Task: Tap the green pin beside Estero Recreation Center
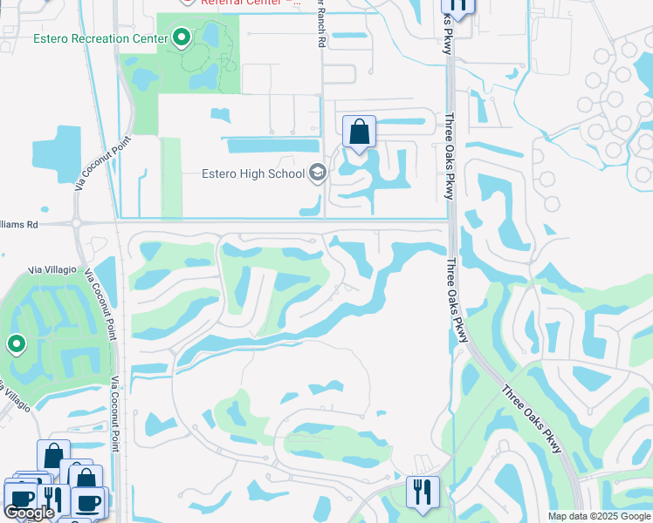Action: pos(182,37)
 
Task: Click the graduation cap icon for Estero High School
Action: pos(317,173)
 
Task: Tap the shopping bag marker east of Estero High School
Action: pos(359,133)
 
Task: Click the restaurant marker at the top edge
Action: pos(457,7)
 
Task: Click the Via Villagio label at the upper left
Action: pos(52,270)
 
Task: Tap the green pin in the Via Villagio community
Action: pos(16,344)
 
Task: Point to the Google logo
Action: pos(28,513)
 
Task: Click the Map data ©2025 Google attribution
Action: pos(599,516)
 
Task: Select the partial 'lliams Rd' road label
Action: pos(19,224)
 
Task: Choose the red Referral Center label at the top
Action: pos(250,3)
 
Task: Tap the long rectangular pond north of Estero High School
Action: pos(272,146)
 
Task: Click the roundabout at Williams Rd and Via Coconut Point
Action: pos(79,223)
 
